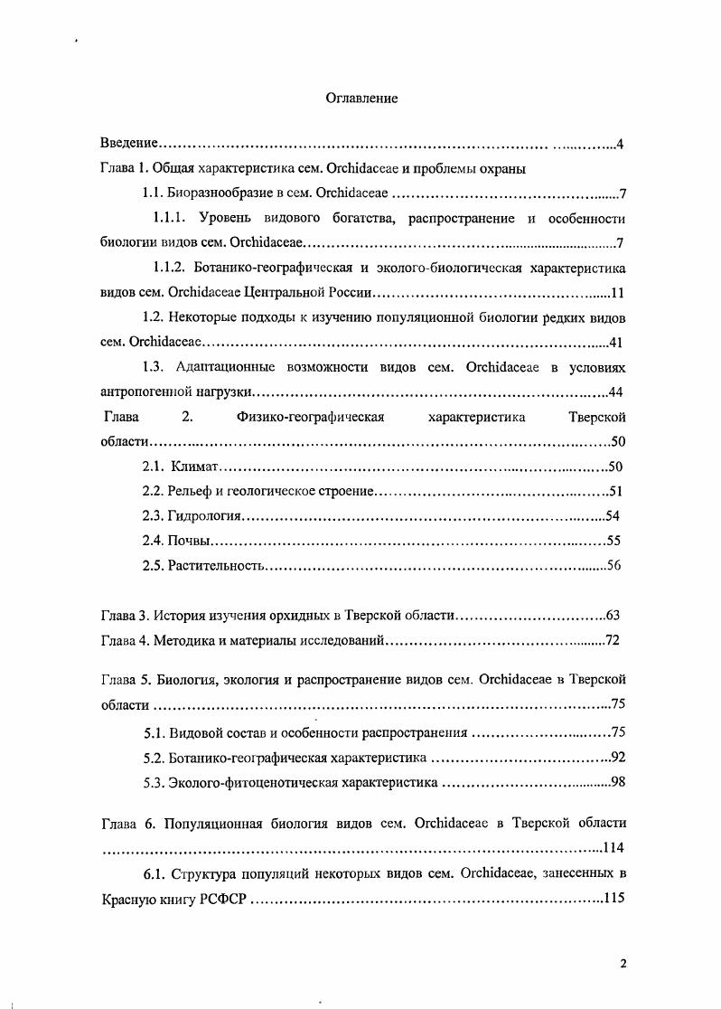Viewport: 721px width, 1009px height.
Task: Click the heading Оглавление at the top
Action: coord(361,98)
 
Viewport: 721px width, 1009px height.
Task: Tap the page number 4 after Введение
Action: coord(621,145)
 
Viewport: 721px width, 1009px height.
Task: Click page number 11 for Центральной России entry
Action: coord(618,293)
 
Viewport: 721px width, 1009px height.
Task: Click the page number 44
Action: coord(617,391)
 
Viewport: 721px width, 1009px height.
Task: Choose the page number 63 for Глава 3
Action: coord(613,616)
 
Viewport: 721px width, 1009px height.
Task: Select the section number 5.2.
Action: coord(154,758)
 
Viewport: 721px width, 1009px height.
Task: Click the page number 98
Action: coord(618,782)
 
